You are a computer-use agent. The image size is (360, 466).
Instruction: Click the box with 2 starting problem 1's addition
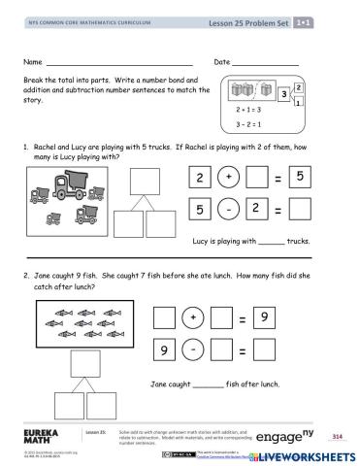(198, 179)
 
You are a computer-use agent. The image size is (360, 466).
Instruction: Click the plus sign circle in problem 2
(193, 316)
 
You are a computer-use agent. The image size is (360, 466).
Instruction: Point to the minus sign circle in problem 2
(193, 349)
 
